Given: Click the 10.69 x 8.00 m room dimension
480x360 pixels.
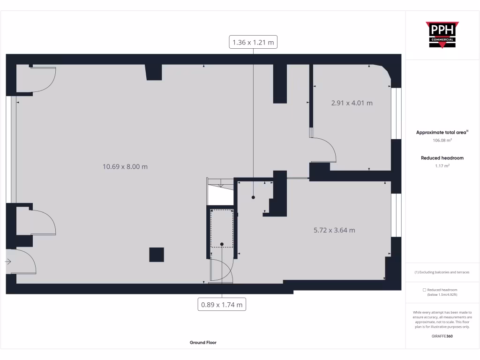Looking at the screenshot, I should click(125, 166).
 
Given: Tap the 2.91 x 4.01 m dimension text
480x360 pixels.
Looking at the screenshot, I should click(352, 103).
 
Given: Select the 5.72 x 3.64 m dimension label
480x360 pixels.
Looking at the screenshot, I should click(334, 230).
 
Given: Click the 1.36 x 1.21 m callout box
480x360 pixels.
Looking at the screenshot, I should click(253, 43).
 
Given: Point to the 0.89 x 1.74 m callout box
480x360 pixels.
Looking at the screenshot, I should click(222, 305).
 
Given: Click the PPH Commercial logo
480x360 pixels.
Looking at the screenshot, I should click(442, 35).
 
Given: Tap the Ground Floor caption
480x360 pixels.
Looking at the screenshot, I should click(203, 343).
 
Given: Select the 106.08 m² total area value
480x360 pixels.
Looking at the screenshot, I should click(442, 140).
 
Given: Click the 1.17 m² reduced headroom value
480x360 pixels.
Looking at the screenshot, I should click(442, 165).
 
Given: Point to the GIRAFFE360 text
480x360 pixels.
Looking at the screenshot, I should click(442, 336).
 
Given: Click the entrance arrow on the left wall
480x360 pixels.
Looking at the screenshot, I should click(8, 262).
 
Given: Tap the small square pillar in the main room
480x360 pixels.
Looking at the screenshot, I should click(157, 255).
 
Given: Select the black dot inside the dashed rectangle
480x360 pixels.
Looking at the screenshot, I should click(222, 244).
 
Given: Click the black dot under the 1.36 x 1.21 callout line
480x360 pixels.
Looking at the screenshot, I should click(253, 198).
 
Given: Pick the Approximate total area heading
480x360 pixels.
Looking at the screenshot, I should click(442, 133).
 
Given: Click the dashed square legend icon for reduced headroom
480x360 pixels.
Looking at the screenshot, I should click(424, 290).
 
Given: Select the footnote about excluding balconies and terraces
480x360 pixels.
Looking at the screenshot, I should click(442, 272).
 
